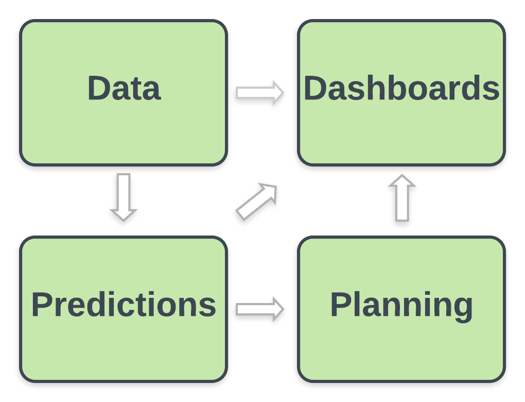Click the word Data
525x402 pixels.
(124, 88)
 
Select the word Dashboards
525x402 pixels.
(401, 88)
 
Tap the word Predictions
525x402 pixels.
(124, 305)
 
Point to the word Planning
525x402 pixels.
(401, 305)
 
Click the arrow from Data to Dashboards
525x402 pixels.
(260, 93)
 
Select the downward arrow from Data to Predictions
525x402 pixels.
(124, 197)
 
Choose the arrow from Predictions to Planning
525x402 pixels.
(260, 309)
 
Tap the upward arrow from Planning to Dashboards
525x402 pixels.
(402, 198)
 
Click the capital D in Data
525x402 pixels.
(99, 88)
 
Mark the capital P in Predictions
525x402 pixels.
(42, 305)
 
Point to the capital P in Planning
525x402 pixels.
(341, 305)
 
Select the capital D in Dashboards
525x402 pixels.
(315, 88)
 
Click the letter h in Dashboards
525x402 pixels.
(369, 88)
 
